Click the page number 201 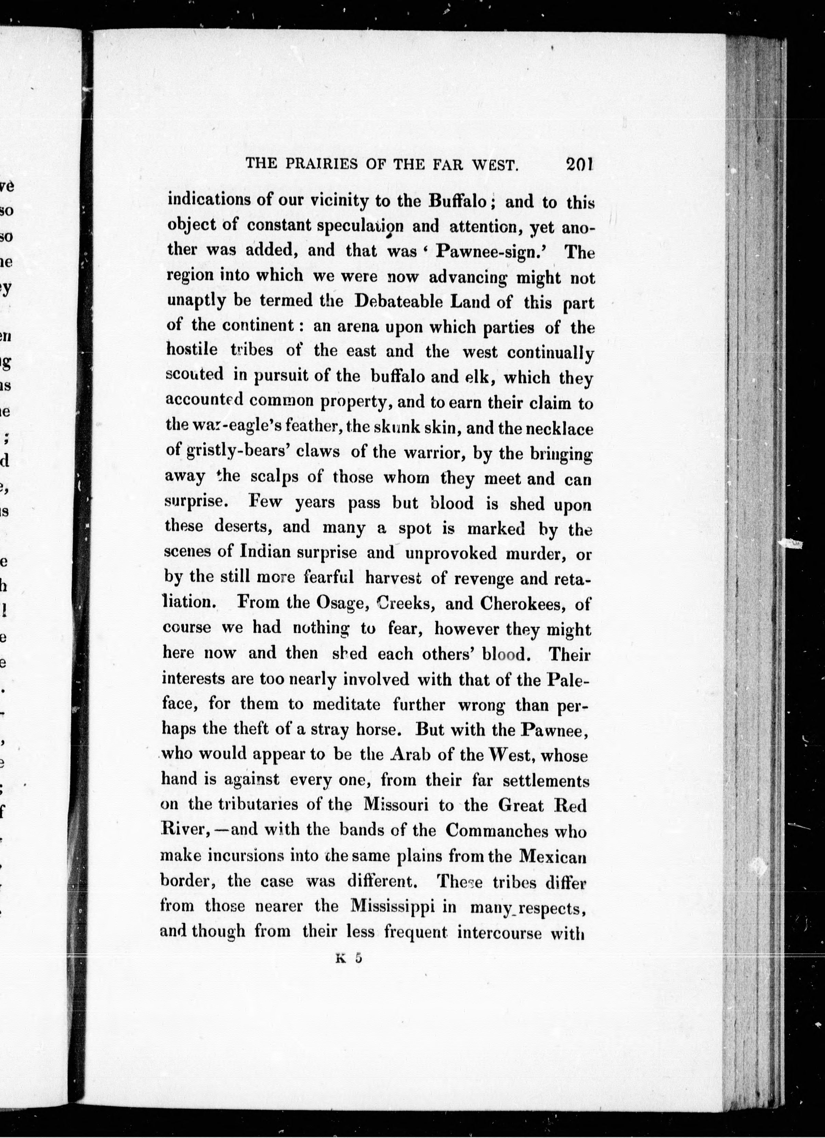579,164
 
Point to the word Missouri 395,805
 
